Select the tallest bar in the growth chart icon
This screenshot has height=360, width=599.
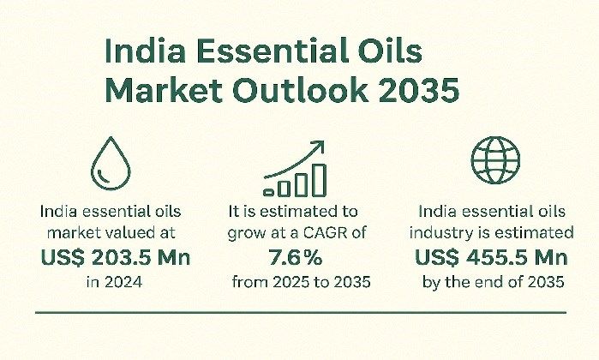pos(319,180)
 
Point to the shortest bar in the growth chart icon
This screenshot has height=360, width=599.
pos(268,193)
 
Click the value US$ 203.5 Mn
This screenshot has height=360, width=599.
pos(116,257)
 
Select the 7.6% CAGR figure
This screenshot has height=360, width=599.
pos(296,257)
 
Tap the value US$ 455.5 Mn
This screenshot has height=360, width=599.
pos(491,257)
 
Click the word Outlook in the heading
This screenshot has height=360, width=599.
pos(301,90)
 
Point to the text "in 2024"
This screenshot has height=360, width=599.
pos(114,282)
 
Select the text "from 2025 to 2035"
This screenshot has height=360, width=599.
pos(301,282)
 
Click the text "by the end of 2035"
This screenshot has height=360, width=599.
pos(494,282)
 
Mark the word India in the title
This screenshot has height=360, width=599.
pos(145,51)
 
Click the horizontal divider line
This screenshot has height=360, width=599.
pos(301,313)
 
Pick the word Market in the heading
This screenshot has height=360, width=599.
pos(164,90)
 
